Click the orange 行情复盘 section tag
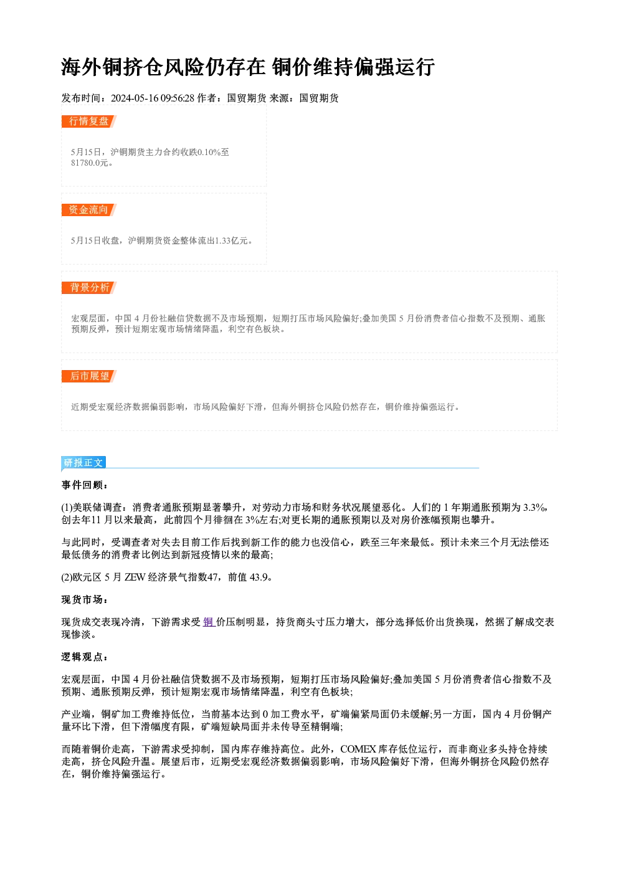[89, 121]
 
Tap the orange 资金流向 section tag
[89, 210]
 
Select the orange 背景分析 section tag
[89, 288]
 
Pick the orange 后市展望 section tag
[89, 376]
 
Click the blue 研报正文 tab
[83, 463]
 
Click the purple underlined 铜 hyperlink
[209, 622]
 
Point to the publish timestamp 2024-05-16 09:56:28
[153, 98]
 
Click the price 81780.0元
[89, 163]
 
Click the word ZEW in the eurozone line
[135, 577]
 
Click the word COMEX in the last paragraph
[358, 749]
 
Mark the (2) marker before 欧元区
[67, 577]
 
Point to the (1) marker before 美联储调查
[67, 508]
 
